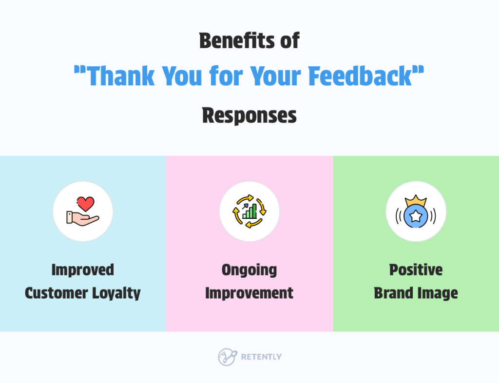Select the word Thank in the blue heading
[117, 77]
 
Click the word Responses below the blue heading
[249, 115]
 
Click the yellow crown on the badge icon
[416, 201]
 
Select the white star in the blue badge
[416, 216]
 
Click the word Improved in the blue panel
[82, 269]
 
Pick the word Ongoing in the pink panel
[249, 269]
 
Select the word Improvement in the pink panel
[249, 293]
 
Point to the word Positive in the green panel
[416, 269]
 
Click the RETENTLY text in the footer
[261, 357]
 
